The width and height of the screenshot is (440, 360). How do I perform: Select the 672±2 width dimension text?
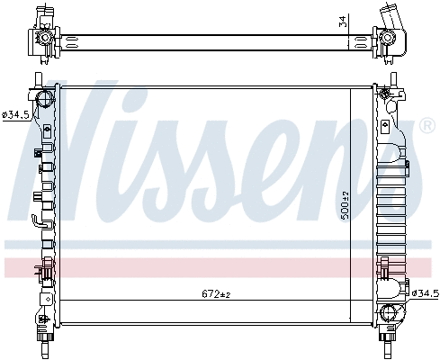pos(217,294)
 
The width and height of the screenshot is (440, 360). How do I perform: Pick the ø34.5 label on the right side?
pos(424,293)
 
